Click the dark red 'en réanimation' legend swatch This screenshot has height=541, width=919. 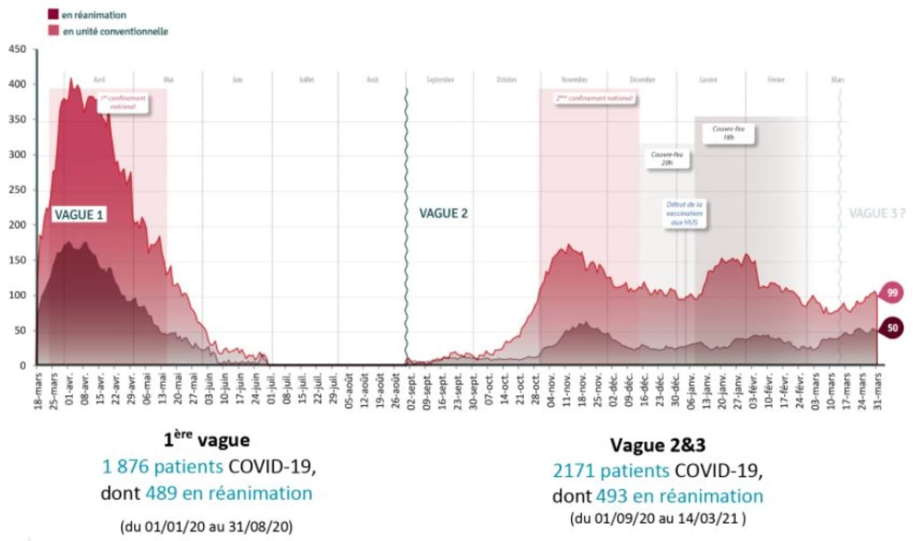coord(53,14)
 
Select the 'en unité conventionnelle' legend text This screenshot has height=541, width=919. coord(115,31)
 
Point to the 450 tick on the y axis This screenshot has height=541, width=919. coord(18,49)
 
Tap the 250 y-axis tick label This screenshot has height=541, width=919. coord(18,190)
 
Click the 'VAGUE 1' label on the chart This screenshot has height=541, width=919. coord(79,215)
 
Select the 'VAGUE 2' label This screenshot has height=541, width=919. coord(443,214)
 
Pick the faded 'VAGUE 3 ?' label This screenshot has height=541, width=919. coord(877,214)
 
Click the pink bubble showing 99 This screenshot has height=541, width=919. coord(892,293)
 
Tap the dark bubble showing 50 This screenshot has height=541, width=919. coord(892,328)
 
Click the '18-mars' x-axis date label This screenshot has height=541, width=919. coord(38,391)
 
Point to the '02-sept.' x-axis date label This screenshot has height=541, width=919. coord(411,391)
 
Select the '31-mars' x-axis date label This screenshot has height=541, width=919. coord(878,391)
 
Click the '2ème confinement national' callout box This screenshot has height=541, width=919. coord(595,98)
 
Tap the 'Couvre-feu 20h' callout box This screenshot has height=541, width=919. coord(667,158)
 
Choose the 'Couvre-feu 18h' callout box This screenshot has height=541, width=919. coord(728,133)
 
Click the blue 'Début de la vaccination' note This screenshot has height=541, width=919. coord(684,213)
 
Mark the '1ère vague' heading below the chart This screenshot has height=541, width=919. coord(207,440)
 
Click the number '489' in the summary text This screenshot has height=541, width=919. coord(161,493)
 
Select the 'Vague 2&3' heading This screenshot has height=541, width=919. coord(658,445)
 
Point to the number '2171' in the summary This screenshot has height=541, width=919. coord(573,471)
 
